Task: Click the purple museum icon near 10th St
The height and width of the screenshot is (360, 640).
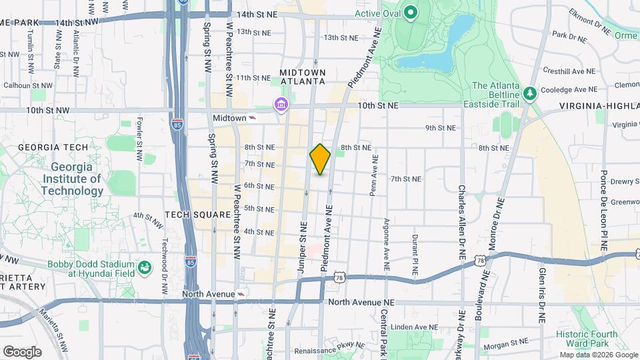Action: click(x=281, y=105)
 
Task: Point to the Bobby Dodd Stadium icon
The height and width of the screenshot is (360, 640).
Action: click(x=145, y=268)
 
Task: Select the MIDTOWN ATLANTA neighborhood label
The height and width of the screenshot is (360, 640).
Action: click(x=303, y=77)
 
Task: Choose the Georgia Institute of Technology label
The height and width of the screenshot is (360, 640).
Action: click(x=72, y=179)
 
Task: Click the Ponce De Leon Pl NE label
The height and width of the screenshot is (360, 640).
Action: click(x=603, y=210)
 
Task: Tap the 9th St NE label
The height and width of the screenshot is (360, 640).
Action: click(x=440, y=127)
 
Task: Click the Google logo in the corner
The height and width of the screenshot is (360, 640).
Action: click(x=22, y=351)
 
